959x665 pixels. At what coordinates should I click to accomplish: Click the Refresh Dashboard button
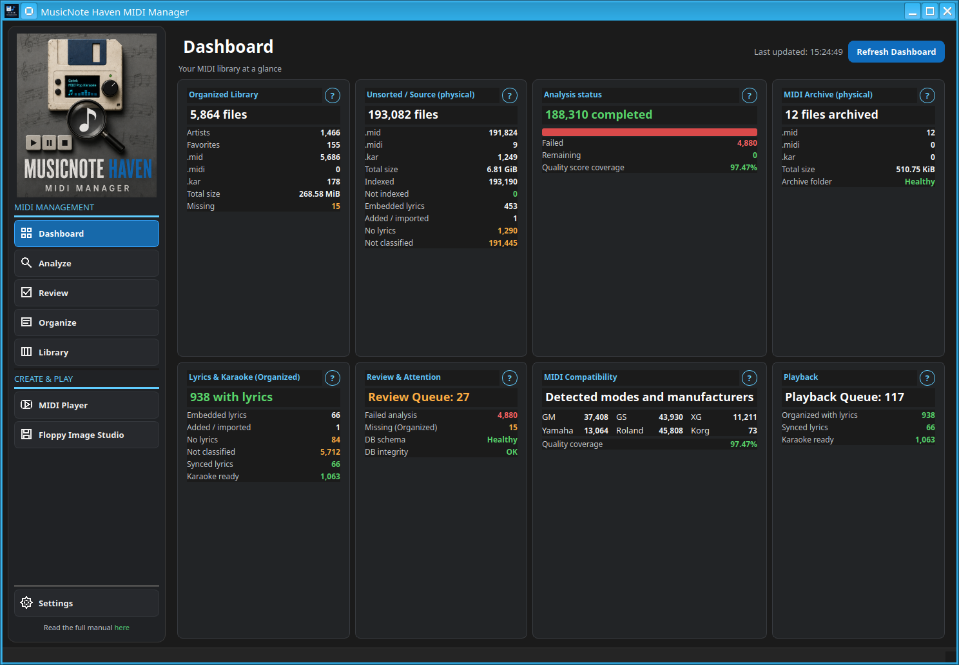pyautogui.click(x=896, y=52)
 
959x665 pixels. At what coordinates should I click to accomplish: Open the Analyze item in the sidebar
pyautogui.click(x=86, y=263)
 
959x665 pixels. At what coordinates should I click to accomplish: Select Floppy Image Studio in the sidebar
pyautogui.click(x=86, y=435)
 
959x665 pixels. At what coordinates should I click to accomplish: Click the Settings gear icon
pyautogui.click(x=26, y=602)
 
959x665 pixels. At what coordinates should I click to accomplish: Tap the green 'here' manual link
pyautogui.click(x=122, y=628)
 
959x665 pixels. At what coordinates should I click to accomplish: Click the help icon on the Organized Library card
pyautogui.click(x=332, y=95)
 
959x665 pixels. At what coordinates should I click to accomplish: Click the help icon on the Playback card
pyautogui.click(x=927, y=378)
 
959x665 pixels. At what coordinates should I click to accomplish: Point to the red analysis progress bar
pyautogui.click(x=650, y=132)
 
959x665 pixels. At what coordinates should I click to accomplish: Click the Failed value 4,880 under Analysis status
pyautogui.click(x=747, y=143)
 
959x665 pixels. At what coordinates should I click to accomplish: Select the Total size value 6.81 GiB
pyautogui.click(x=502, y=169)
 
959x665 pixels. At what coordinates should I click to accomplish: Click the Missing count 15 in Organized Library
pyautogui.click(x=336, y=206)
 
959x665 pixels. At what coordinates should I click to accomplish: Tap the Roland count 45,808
pyautogui.click(x=670, y=431)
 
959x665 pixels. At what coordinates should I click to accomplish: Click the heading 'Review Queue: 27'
pyautogui.click(x=419, y=397)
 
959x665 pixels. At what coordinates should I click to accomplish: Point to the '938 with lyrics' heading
pyautogui.click(x=231, y=397)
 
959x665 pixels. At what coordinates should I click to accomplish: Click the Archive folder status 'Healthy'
pyautogui.click(x=920, y=182)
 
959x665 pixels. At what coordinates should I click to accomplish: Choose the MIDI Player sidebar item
pyautogui.click(x=86, y=405)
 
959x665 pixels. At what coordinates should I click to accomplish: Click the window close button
pyautogui.click(x=947, y=11)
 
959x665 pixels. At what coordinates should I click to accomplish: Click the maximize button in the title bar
pyautogui.click(x=930, y=11)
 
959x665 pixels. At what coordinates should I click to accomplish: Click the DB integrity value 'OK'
pyautogui.click(x=512, y=452)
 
